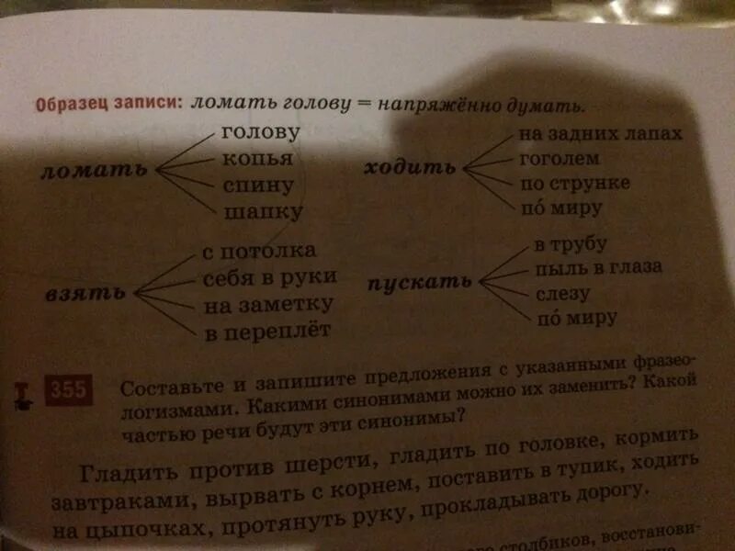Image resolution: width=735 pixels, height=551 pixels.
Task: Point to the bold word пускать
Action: pyautogui.click(x=421, y=282)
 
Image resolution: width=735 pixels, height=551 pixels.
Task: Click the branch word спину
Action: pyautogui.click(x=257, y=186)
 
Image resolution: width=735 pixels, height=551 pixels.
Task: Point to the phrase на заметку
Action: pyautogui.click(x=268, y=303)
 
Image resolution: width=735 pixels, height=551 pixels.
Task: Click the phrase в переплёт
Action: pyautogui.click(x=266, y=330)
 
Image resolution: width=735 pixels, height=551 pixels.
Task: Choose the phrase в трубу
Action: pyautogui.click(x=570, y=246)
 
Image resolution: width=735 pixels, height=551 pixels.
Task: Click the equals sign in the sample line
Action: pyautogui.click(x=363, y=105)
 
